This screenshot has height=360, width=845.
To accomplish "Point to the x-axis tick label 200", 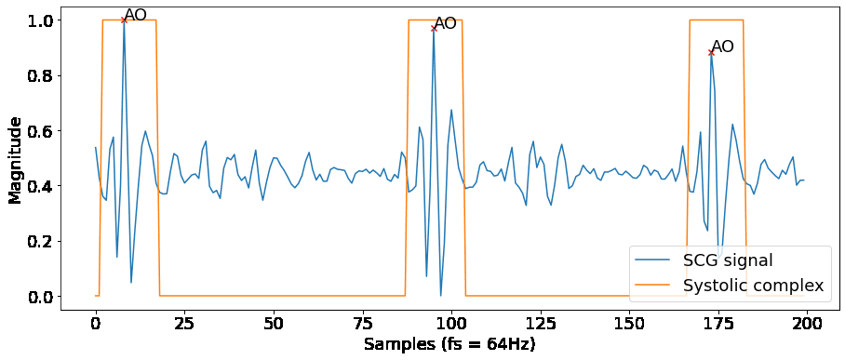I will click(x=807, y=322).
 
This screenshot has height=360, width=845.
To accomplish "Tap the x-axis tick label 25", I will click(x=184, y=322).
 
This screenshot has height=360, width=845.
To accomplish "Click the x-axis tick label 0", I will click(x=95, y=322).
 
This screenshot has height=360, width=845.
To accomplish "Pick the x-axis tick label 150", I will click(x=629, y=322).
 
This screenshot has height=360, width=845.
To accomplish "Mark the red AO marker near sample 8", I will click(x=124, y=20).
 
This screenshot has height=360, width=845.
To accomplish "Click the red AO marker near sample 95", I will click(x=434, y=29).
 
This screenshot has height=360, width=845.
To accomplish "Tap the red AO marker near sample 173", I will click(x=711, y=52).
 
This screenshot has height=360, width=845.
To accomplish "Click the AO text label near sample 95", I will click(x=446, y=23).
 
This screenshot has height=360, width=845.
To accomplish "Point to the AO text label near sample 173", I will click(x=723, y=47).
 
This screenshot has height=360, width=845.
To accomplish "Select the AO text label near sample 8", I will click(x=136, y=15).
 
